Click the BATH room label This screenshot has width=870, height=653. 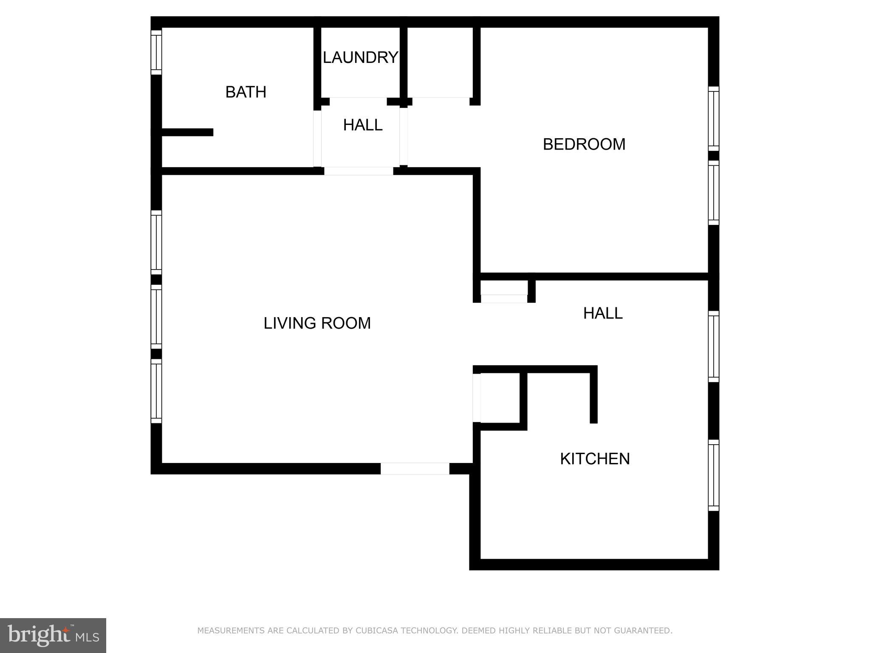tap(246, 92)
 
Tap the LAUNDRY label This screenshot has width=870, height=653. tap(360, 57)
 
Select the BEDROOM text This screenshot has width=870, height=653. tap(584, 145)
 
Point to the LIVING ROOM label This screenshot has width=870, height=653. tap(317, 323)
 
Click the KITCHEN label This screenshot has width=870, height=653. tap(594, 459)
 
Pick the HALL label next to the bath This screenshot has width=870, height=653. tap(363, 125)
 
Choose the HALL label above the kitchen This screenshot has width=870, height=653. tap(602, 313)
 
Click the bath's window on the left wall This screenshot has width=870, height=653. tap(156, 52)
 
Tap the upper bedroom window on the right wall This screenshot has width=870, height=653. tap(714, 119)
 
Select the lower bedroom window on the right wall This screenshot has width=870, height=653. tap(714, 193)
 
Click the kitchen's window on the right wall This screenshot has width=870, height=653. tap(714, 475)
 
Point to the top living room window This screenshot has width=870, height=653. tap(156, 242)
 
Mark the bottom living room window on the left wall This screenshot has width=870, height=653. tap(156, 391)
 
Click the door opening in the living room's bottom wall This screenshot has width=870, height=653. tap(415, 468)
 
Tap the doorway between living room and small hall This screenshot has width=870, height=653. tap(359, 171)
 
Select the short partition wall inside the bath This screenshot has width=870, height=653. tap(187, 132)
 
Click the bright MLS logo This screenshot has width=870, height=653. tap(53, 635)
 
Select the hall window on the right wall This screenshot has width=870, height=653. tap(714, 346)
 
